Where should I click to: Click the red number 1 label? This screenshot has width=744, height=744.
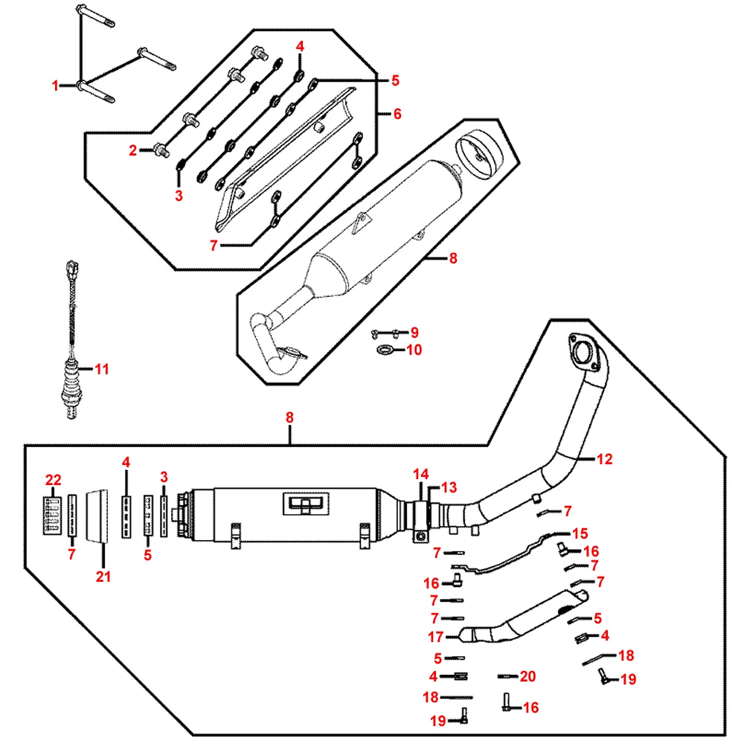[x=55, y=86]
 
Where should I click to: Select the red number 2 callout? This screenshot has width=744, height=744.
[x=133, y=150]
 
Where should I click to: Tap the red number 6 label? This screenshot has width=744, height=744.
[x=397, y=114]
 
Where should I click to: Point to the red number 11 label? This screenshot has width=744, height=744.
[x=102, y=368]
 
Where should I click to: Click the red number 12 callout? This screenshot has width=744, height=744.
[x=604, y=460]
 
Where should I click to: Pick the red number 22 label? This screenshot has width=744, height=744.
[x=53, y=480]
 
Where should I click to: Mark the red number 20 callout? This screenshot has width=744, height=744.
[x=527, y=676]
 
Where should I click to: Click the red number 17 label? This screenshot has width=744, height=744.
[x=435, y=637]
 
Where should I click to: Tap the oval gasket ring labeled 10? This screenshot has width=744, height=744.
[x=385, y=350]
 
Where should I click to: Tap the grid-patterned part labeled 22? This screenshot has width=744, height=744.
[x=52, y=514]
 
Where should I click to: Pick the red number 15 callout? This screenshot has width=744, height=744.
[x=580, y=533]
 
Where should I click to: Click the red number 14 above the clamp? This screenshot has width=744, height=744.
[x=421, y=474]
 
